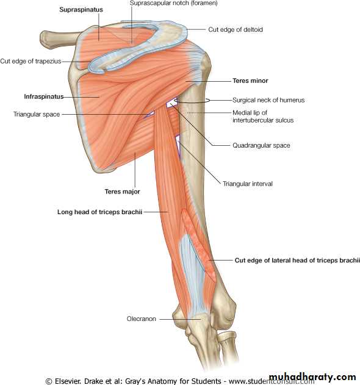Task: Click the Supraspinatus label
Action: pyautogui.click(x=81, y=10)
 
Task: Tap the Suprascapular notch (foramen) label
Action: pyautogui.click(x=174, y=3)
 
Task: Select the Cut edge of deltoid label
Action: pyautogui.click(x=236, y=29)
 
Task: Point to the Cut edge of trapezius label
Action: pyautogui.click(x=31, y=61)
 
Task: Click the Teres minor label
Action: pyautogui.click(x=250, y=81)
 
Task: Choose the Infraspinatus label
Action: pyautogui.click(x=44, y=96)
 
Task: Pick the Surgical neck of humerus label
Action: pyautogui.click(x=268, y=100)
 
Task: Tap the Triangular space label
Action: pyautogui.click(x=37, y=114)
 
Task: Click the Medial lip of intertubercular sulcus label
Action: pyautogui.click(x=263, y=117)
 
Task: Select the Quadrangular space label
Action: pyautogui.click(x=261, y=145)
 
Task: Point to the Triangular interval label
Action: pyautogui.click(x=248, y=184)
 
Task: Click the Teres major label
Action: pyautogui.click(x=122, y=192)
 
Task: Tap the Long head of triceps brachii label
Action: pyautogui.click(x=99, y=212)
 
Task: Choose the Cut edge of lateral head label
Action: pyautogui.click(x=297, y=261)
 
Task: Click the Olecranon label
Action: pyautogui.click(x=141, y=318)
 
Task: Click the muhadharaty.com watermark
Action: pyautogui.click(x=312, y=377)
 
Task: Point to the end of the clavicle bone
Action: pyautogui.click(x=44, y=39)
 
